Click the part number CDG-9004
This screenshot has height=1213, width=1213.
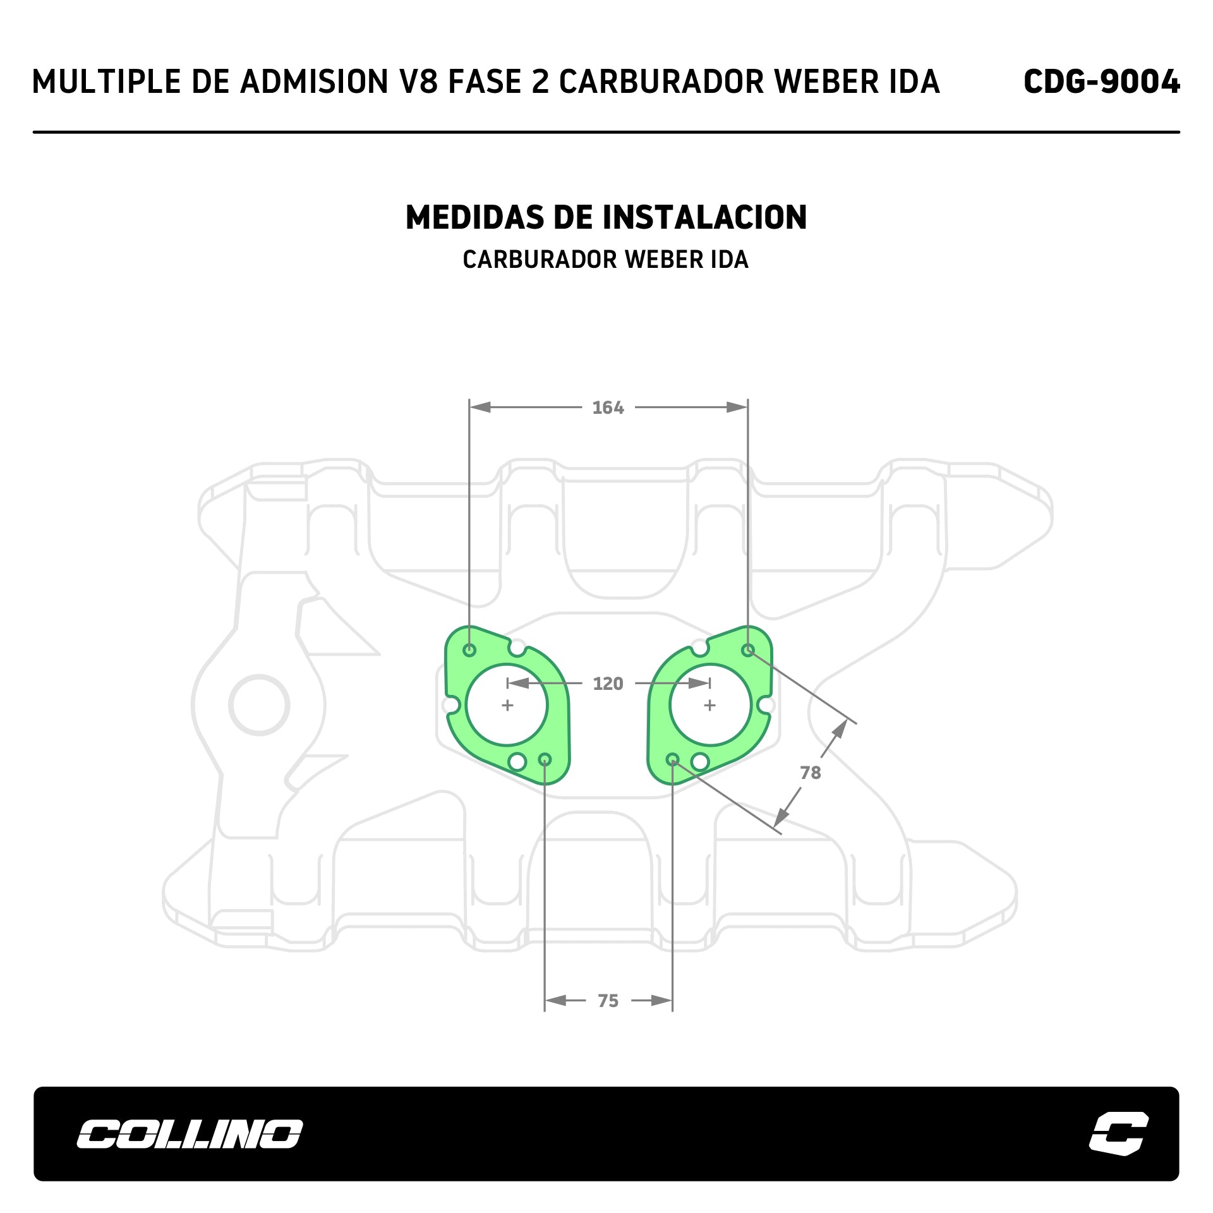(1101, 81)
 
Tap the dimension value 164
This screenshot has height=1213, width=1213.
(608, 407)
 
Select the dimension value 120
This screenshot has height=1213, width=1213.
(608, 684)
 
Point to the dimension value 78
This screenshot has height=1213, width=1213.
(811, 773)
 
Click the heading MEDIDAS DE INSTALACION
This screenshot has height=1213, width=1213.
(606, 217)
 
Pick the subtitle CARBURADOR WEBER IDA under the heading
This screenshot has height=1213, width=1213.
(605, 260)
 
